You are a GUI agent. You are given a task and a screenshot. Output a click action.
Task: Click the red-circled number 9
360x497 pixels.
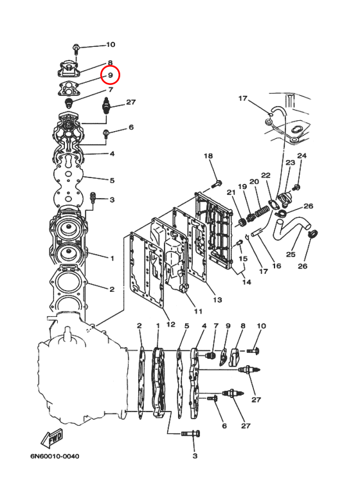tap(111, 75)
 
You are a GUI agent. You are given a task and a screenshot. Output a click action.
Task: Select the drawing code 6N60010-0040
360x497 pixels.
tap(55, 456)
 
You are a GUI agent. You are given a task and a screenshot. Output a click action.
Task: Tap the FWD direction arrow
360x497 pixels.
tap(51, 438)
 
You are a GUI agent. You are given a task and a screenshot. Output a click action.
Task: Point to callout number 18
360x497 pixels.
tap(208, 156)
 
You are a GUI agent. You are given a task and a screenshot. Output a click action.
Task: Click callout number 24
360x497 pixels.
tap(301, 156)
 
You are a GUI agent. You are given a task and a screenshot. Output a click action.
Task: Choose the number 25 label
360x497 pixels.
tap(291, 254)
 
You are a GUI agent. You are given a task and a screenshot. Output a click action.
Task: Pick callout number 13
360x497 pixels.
tap(217, 300)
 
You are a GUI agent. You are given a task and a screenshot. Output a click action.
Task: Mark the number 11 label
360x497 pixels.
tap(198, 311)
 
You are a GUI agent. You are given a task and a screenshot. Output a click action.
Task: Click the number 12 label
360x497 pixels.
tap(170, 324)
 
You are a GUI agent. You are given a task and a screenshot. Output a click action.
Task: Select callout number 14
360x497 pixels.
tap(247, 282)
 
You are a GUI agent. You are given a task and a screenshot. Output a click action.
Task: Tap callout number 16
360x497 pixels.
tap(276, 266)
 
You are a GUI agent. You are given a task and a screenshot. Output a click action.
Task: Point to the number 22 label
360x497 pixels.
tap(265, 176)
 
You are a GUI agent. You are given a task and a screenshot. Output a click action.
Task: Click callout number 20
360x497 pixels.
tap(254, 181)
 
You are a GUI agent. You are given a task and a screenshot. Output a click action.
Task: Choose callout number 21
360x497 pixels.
tap(231, 192)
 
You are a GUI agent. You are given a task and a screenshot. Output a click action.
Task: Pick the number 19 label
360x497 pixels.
tap(242, 186)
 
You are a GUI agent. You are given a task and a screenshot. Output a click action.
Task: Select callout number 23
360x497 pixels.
tap(291, 163)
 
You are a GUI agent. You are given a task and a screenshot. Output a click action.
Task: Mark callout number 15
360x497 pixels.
tap(243, 258)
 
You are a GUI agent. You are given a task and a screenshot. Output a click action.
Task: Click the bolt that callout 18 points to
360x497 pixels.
tap(217, 184)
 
